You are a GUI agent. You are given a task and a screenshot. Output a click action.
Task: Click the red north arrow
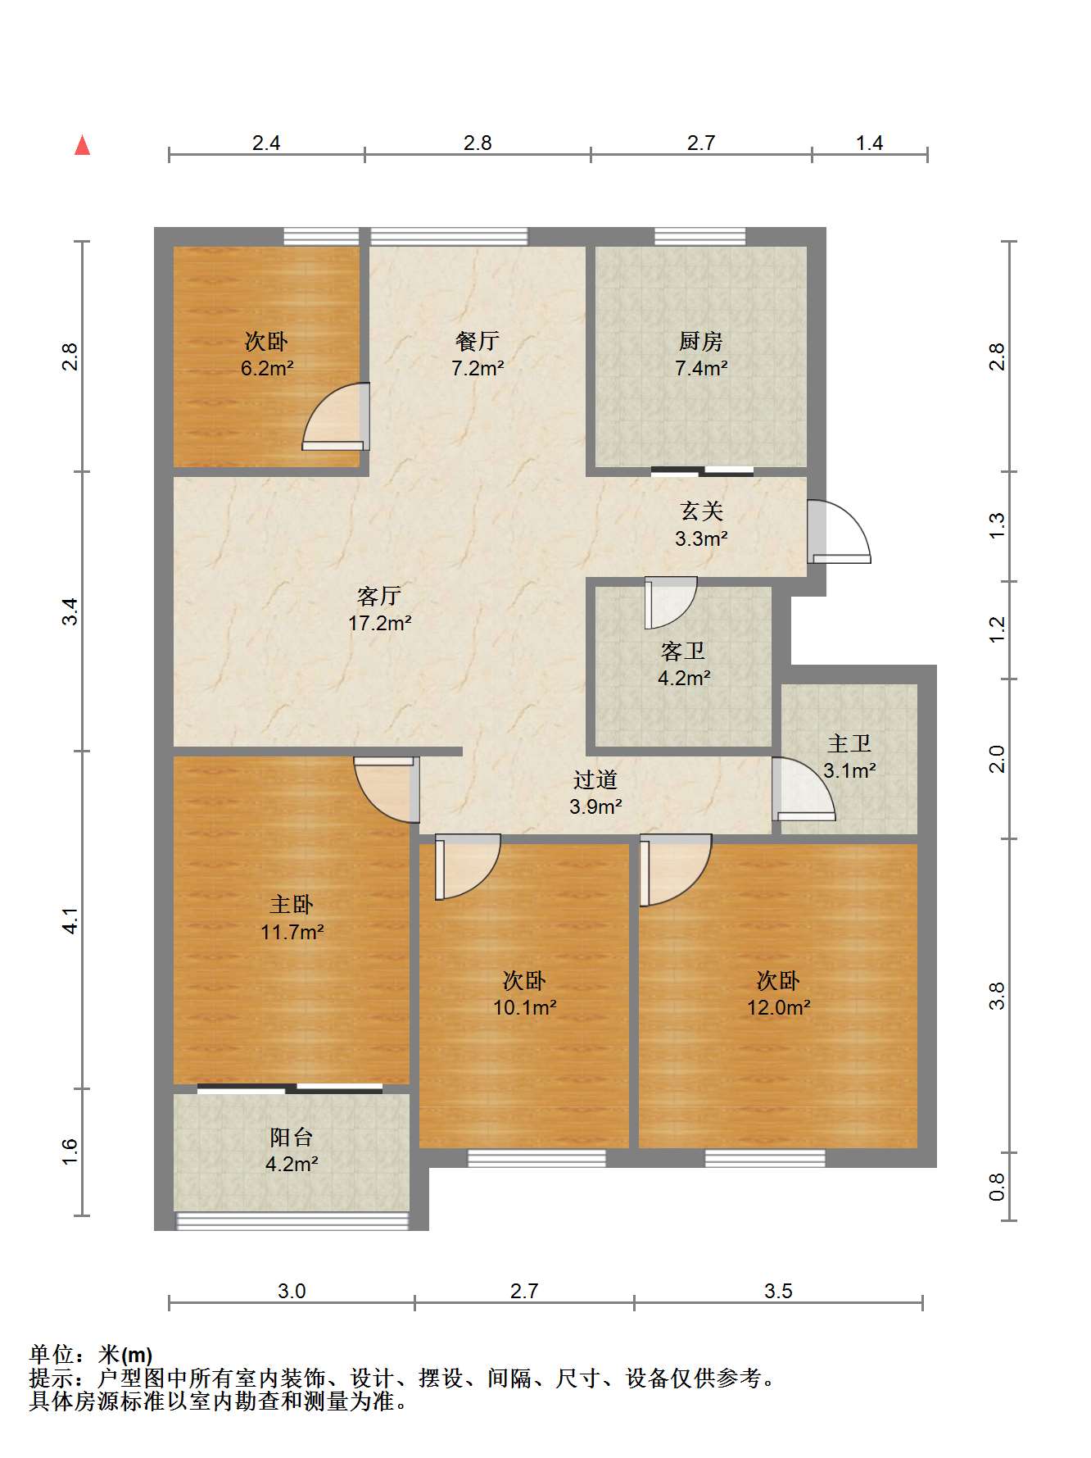(x=82, y=145)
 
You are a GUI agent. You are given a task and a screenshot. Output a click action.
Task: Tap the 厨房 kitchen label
(x=701, y=340)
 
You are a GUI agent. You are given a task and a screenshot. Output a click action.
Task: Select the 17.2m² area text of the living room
(x=380, y=623)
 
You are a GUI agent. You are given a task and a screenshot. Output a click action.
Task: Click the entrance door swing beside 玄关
(x=839, y=531)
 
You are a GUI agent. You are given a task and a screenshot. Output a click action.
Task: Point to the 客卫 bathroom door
(x=671, y=603)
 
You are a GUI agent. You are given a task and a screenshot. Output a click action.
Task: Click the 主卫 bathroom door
(x=804, y=788)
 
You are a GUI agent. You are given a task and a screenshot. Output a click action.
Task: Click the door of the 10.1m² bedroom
(x=468, y=867)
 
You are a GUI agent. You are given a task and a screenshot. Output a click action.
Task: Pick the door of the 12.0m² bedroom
(x=676, y=870)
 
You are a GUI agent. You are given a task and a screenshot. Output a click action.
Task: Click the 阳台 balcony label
(x=292, y=1137)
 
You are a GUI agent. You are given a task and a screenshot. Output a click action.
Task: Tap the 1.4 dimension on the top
(x=870, y=143)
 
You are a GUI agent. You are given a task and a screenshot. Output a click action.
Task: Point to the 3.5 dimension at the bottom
(x=778, y=1291)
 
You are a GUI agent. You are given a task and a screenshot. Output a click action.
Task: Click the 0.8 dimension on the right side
(x=997, y=1187)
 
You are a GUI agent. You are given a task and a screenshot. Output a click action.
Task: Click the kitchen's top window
(x=700, y=237)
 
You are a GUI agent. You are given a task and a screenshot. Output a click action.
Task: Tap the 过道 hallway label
(x=595, y=779)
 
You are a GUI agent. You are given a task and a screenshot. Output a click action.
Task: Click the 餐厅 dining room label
(x=478, y=340)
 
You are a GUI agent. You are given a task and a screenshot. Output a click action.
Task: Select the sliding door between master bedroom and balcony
(x=290, y=1088)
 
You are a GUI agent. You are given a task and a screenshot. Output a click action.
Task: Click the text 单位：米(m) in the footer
(x=91, y=1355)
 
